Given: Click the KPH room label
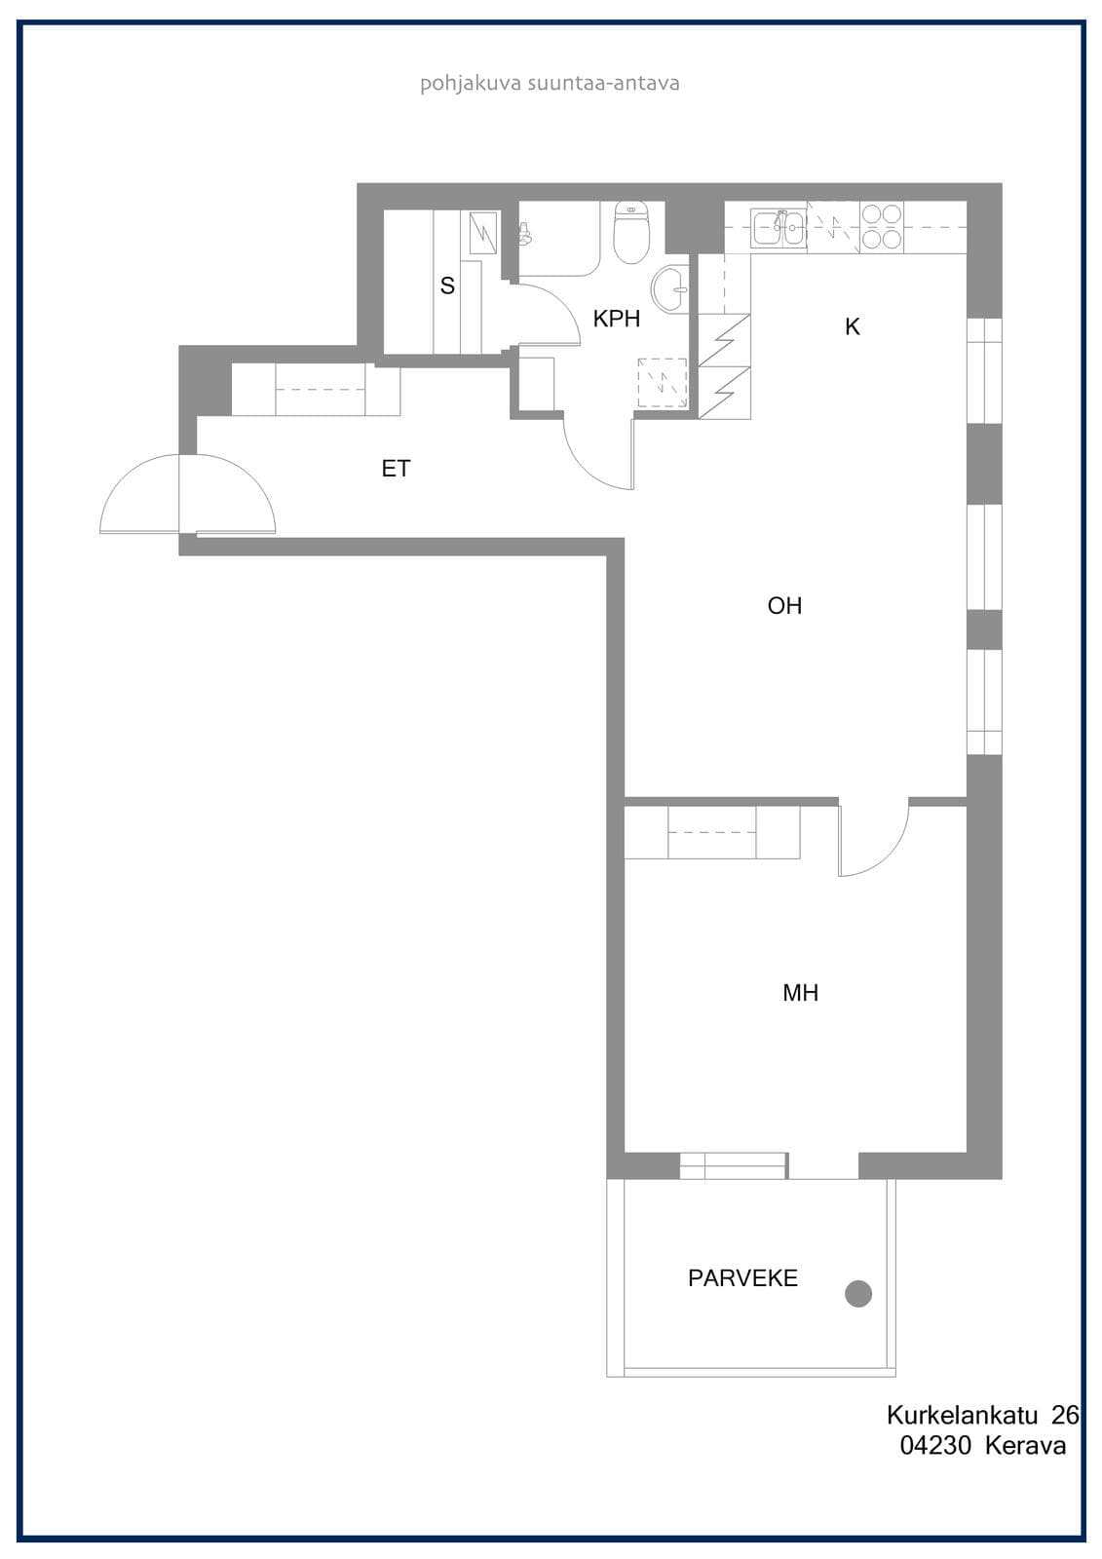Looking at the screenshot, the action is pos(616,319).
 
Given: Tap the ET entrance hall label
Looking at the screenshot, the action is pos(397,469).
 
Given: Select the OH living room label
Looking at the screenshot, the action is pos(784,605).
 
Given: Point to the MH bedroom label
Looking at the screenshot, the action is pos(801,993).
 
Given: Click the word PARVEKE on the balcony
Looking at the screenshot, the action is pos(742,1277).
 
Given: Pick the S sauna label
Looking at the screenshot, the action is pos(447,285).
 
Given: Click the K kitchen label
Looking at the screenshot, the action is pos(853,326).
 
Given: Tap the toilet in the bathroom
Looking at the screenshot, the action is pos(631,232).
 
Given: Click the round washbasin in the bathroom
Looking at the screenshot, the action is pos(669,288).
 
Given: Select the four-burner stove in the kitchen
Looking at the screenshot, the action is pos(882,227).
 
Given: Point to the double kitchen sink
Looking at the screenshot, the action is pos(779,228).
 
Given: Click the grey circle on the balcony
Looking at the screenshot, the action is pos(858,1294).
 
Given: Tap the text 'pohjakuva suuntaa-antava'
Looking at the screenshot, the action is pos(550,84).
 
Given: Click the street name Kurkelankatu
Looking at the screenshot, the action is pos(963,1415).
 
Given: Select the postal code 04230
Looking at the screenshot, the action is pos(935,1446).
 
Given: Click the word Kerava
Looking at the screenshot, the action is pos(1025,1446).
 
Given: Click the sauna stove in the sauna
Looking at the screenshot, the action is pos(483,233).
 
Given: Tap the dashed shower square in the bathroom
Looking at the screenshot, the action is pos(662,383).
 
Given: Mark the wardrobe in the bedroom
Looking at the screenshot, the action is pos(711,832).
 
